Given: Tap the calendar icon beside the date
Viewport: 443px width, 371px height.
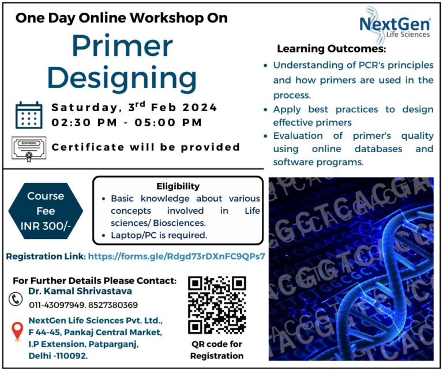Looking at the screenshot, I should (29, 115).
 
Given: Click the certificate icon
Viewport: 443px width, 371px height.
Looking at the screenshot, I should (28, 147).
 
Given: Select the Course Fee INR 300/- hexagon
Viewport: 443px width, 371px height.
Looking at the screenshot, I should (46, 211).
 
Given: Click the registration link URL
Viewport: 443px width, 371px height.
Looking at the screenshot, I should (177, 256).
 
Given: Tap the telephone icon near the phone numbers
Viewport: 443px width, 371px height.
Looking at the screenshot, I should (16, 299).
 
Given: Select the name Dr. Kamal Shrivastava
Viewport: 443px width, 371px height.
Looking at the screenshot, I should (80, 291).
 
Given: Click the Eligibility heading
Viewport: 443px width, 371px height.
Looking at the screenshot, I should (178, 186).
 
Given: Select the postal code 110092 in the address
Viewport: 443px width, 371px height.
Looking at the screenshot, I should (72, 356).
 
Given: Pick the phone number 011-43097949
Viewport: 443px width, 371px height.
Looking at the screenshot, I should (57, 305).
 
